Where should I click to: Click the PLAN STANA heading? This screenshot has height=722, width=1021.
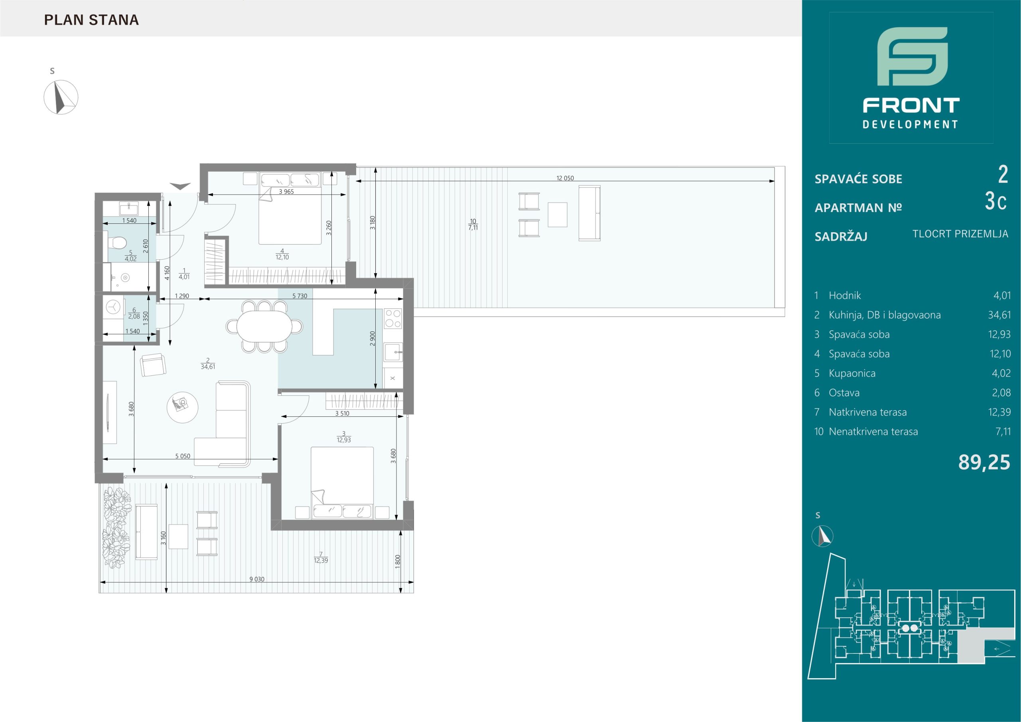coord(92,20)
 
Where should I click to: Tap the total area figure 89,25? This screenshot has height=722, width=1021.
coord(984,463)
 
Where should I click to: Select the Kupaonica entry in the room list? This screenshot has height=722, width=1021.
coord(852,373)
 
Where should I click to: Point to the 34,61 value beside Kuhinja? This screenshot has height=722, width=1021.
coord(999,315)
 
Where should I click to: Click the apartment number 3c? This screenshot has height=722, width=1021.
coord(995,201)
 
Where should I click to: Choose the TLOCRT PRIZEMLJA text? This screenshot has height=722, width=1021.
coord(960,234)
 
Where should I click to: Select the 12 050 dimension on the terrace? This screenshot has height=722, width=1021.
coord(565,178)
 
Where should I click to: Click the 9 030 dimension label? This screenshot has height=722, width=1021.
coord(256,579)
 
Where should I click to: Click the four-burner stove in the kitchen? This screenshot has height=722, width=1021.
coord(393,318)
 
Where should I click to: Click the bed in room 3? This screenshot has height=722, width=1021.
coord(341,483)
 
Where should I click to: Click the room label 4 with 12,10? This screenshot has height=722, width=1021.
coord(282,254)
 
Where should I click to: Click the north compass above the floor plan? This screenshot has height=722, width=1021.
coord(61,97)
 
